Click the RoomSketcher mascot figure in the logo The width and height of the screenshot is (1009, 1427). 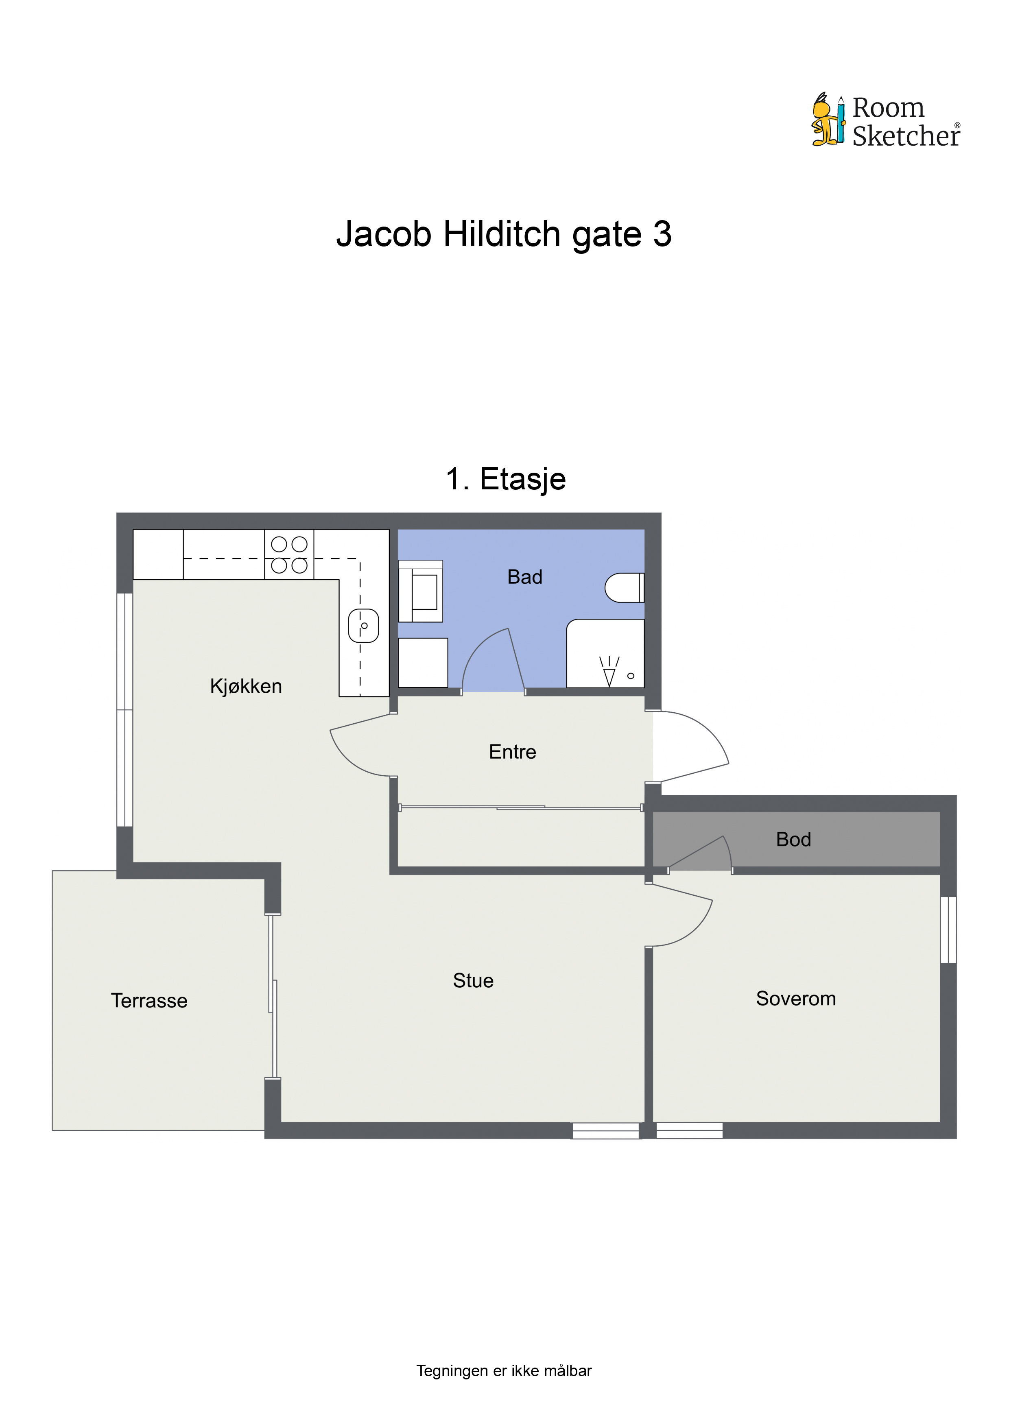(x=828, y=119)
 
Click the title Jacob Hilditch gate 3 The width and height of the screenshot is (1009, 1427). (x=504, y=234)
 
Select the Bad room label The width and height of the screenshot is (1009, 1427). (x=525, y=577)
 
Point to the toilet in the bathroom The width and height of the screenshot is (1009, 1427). (x=624, y=587)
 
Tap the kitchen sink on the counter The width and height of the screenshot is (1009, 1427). (x=364, y=625)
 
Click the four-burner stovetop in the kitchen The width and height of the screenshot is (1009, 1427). (x=289, y=554)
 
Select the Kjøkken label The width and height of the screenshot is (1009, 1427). (x=246, y=686)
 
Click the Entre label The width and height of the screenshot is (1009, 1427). (x=512, y=752)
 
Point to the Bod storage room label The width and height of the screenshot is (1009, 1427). (x=793, y=840)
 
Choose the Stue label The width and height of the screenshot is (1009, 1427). (x=473, y=981)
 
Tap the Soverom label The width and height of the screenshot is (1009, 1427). (x=796, y=999)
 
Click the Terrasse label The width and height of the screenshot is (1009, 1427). (x=149, y=1001)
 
